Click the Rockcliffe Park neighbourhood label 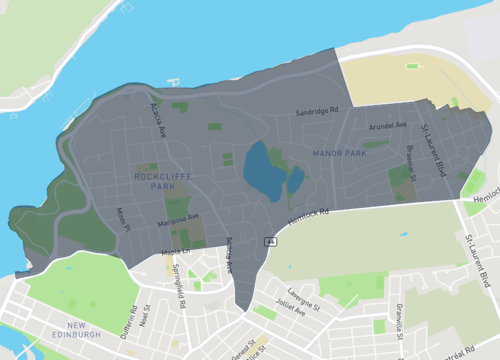(154, 180)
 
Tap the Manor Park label (340, 153)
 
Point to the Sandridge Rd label (318, 112)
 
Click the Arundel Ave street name (387, 127)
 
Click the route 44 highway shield (270, 241)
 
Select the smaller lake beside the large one (296, 181)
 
